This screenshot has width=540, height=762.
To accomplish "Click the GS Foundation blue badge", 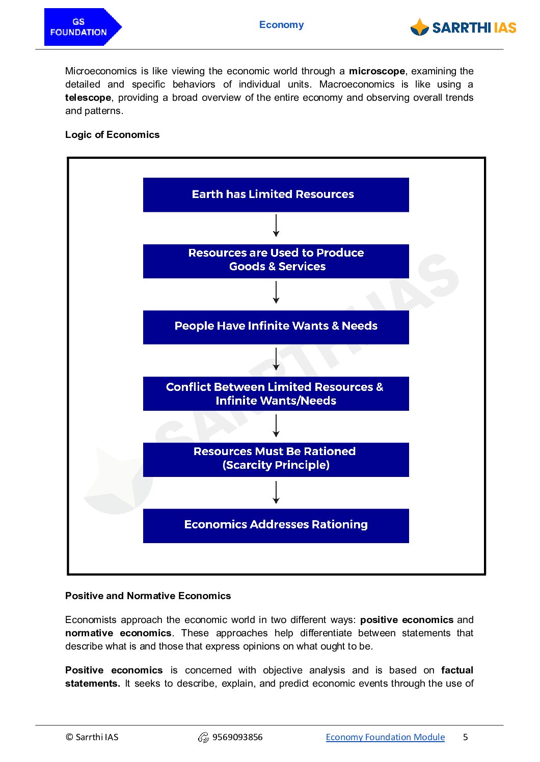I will (82, 27).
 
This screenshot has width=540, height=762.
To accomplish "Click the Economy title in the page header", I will (281, 25).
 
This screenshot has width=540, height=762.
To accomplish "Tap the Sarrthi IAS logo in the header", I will (463, 27).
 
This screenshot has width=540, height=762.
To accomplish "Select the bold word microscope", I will (376, 71).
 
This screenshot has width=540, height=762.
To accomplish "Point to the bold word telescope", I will (88, 98).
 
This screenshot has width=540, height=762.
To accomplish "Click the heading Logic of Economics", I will (112, 135).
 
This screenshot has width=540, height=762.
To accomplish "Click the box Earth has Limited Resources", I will (276, 194).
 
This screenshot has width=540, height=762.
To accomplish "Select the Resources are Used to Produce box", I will (276, 261).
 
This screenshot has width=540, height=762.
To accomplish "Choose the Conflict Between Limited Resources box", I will (276, 393).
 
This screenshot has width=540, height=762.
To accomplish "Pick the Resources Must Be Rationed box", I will (276, 459).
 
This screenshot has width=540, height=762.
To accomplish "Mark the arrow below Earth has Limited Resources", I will (276, 225).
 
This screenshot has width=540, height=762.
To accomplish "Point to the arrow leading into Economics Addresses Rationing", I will (276, 492).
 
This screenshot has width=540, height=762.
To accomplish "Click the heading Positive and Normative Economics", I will (148, 596).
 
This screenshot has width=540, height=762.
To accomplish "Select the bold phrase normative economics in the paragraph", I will (118, 633).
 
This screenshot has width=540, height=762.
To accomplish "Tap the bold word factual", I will (457, 670).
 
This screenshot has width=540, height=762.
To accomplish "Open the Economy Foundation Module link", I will (385, 737).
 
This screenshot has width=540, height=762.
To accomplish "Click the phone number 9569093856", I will (237, 737).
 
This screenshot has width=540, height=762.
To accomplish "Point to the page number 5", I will (465, 737).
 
